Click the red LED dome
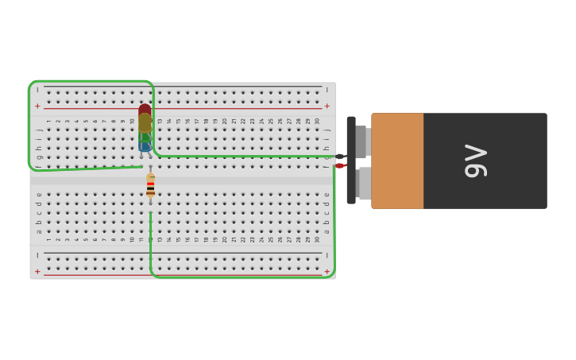pyautogui.click(x=145, y=110)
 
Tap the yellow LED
pyautogui.click(x=145, y=122)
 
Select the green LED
pyautogui.click(x=145, y=136)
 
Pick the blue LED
pyautogui.click(x=145, y=145)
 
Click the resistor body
pyautogui.click(x=150, y=187)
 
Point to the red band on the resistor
pyautogui.click(x=150, y=184)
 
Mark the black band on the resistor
pyautogui.click(x=150, y=188)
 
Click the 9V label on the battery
pyautogui.click(x=475, y=161)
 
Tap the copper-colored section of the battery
pyautogui.click(x=397, y=161)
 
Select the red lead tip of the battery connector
pyautogui.click(x=339, y=165)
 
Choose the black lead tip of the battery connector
pyautogui.click(x=340, y=157)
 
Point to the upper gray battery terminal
pyautogui.click(x=361, y=141)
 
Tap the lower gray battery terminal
pyautogui.click(x=364, y=184)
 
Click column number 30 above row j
pyautogui.click(x=318, y=121)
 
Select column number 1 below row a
pyautogui.click(x=48, y=239)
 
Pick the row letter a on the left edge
pyautogui.click(x=38, y=231)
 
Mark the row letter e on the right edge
pyautogui.click(x=327, y=195)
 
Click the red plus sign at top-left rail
pyautogui.click(x=37, y=106)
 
